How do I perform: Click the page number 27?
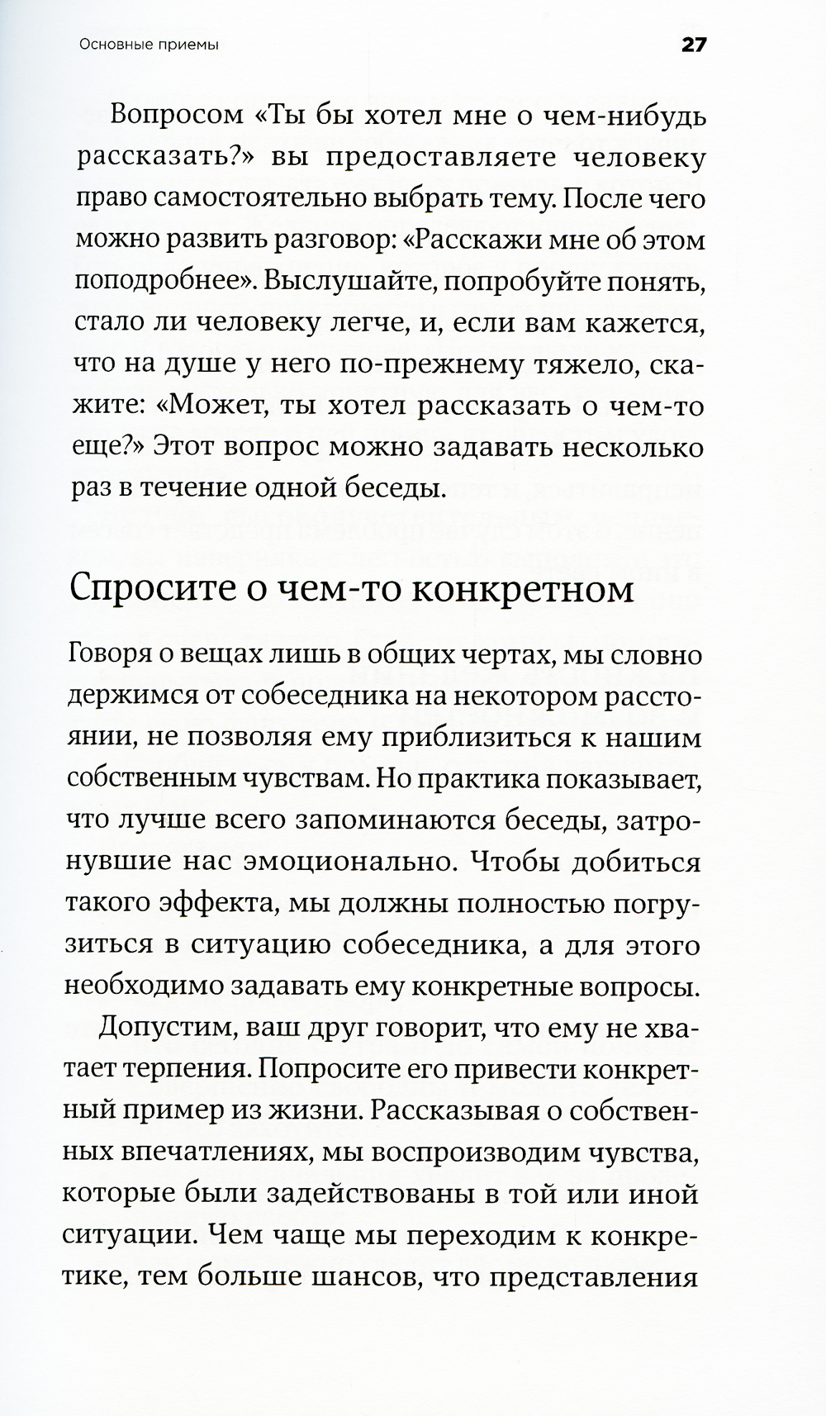click(694, 45)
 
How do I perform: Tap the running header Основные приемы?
click(149, 46)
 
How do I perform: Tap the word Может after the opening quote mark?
click(218, 406)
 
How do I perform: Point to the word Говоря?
click(107, 655)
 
